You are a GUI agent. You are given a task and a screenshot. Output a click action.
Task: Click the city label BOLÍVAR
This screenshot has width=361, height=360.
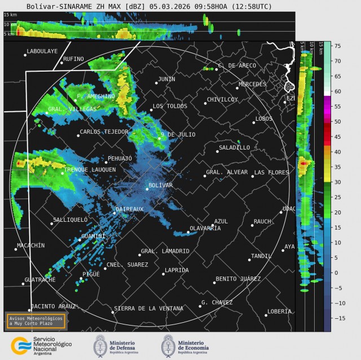coord(160,185)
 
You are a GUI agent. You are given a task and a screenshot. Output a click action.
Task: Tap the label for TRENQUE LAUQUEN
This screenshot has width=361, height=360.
coord(90,169)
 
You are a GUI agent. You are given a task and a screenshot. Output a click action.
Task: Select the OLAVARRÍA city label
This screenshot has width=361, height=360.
coord(205,228)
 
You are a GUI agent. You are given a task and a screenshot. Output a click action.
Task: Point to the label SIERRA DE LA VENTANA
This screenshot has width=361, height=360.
coord(148,308)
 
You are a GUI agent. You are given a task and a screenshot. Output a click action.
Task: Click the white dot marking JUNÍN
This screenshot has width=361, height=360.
coord(156,84)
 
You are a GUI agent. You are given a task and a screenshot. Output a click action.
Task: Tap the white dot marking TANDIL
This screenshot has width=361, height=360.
coord(249,260)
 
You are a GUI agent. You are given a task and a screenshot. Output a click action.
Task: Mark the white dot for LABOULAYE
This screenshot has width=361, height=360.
coord(25,55)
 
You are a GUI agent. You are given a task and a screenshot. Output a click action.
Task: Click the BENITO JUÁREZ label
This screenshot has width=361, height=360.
coord(238,279)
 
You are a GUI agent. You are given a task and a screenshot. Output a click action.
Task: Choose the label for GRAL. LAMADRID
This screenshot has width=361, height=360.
coord(165,251)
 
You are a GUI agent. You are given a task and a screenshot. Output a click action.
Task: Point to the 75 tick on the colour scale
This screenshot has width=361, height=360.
coord(335,46)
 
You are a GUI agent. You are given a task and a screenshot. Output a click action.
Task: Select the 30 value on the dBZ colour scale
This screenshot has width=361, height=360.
coord(335,182)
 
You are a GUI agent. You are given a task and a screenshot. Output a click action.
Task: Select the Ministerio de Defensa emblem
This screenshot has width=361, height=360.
coord(100,345)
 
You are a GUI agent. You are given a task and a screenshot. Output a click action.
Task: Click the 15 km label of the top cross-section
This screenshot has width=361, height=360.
coord(10,15)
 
